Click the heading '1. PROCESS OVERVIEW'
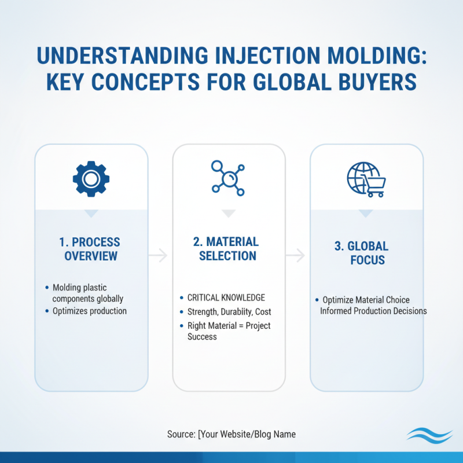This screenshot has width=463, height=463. click(x=91, y=249)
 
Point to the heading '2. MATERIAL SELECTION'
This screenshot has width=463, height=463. click(x=229, y=248)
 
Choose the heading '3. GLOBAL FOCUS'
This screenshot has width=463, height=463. click(x=367, y=253)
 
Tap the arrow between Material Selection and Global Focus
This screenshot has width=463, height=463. click(x=296, y=255)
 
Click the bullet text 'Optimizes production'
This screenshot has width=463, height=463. click(x=89, y=311)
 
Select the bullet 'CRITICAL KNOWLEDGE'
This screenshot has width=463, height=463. click(x=226, y=297)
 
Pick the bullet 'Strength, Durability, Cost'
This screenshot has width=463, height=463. click(x=229, y=312)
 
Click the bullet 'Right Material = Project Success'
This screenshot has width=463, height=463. click(x=229, y=331)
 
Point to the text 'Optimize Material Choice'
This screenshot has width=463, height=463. click(x=366, y=300)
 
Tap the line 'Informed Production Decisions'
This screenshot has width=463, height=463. click(x=373, y=311)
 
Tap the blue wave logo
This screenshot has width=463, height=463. click(x=426, y=434)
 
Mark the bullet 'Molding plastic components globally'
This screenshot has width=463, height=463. click(x=87, y=293)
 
